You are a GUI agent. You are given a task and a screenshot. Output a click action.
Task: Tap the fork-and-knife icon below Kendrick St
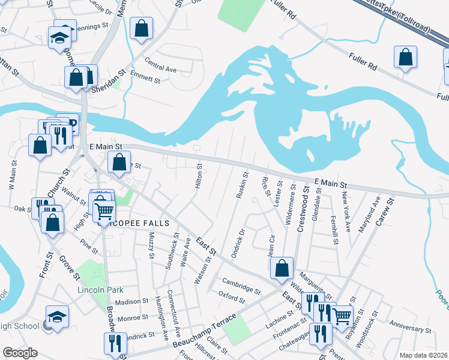pos(114,344)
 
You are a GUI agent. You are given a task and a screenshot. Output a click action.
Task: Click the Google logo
pos(20,353)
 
